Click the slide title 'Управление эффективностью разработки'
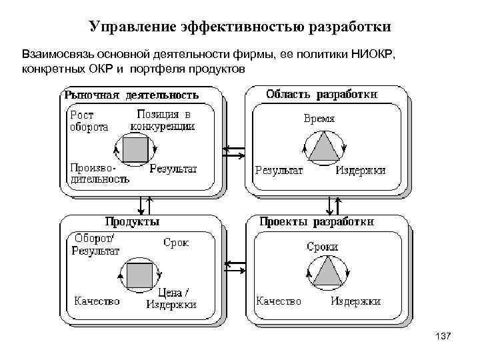(240, 27)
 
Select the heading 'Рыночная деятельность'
(131, 95)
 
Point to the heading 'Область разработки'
(321, 94)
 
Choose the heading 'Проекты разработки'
(316, 221)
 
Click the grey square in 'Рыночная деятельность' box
(136, 149)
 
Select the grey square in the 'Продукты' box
(139, 275)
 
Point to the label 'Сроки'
(322, 247)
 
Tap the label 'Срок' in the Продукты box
(176, 243)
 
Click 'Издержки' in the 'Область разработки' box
(361, 171)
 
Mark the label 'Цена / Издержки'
(172, 298)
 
